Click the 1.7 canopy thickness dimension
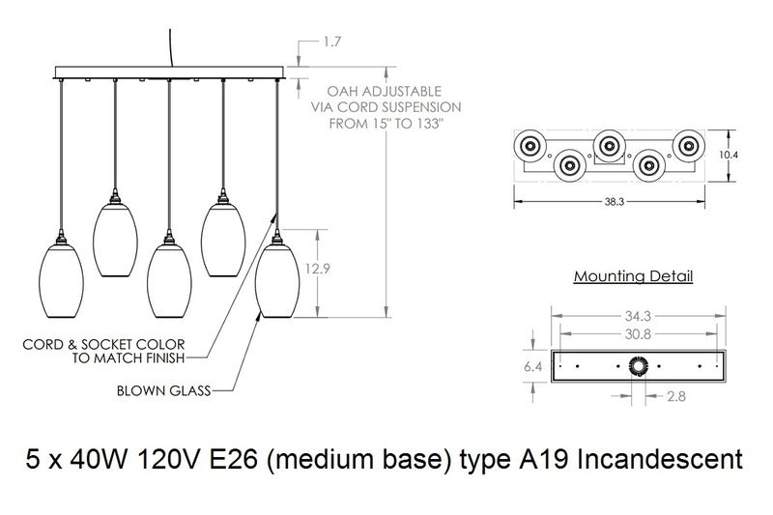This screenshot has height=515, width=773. coord(331,42)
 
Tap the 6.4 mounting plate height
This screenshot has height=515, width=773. coord(533,367)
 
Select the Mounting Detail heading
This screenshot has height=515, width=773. coord(633,277)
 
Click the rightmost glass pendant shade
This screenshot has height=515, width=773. coord(278,281)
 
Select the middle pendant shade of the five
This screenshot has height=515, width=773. coord(170,281)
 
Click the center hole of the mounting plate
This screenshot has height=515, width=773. coord(638,366)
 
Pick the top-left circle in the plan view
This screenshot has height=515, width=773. coord(530,145)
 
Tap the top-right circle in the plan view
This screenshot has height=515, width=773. coord(689,145)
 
